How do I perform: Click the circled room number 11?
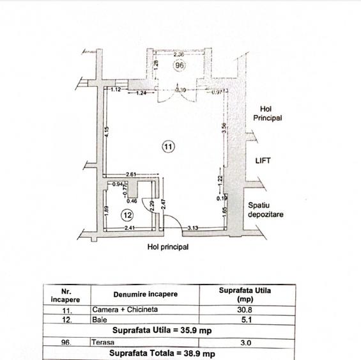click(x=167, y=146)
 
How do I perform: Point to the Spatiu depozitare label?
click(x=266, y=210)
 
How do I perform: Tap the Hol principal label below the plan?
click(x=168, y=246)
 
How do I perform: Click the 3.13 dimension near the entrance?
click(x=192, y=227)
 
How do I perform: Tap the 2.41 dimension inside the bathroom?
click(x=129, y=228)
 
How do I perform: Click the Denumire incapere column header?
click(x=146, y=294)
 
